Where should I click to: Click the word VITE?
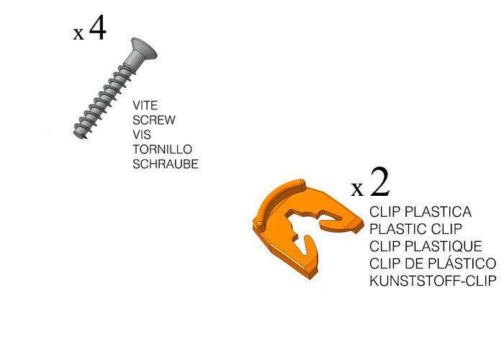pos(145,105)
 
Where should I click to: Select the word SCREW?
pos(154,120)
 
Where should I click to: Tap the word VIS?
pos(141,135)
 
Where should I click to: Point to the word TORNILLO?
pos(162,150)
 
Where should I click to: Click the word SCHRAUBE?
pos(165,164)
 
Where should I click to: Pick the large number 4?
pos(98,27)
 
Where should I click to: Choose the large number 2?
pos(380,182)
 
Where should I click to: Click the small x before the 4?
pos(78,34)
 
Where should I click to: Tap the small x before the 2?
pos(357,189)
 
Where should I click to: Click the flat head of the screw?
pos(144,48)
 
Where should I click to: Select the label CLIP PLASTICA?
pos(420,212)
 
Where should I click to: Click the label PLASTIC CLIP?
pos(415,230)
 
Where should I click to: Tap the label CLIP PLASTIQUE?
pos(426,247)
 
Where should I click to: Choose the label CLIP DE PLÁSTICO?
pos(433,264)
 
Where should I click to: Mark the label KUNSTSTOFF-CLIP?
pos(433,282)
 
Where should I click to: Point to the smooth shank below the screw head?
pos(131,62)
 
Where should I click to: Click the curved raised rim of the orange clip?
pos(276,199)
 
